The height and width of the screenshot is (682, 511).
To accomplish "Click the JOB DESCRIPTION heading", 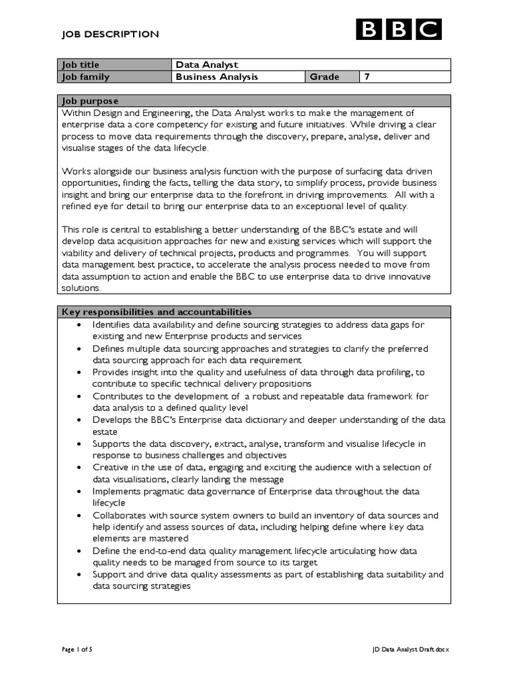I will pos(110,34).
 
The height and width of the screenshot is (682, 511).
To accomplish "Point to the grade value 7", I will pos(366,77).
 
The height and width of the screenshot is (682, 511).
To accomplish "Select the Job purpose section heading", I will pos(90,101).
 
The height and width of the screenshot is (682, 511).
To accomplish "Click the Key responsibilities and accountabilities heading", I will pos(156,312).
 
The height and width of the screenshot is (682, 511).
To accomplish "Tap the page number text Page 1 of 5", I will pos(77,649).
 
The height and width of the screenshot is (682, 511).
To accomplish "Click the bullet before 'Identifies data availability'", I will pos(79,324).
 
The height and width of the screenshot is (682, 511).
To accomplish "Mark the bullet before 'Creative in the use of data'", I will pos(79,468).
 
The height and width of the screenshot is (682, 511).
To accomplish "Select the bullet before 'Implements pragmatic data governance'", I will pos(79,492).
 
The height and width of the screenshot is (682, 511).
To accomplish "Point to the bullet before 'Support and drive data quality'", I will pos(79,575).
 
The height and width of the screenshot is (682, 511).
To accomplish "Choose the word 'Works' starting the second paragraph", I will pos(74,171).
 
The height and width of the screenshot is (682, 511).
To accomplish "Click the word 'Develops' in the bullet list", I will pos(112,420).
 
